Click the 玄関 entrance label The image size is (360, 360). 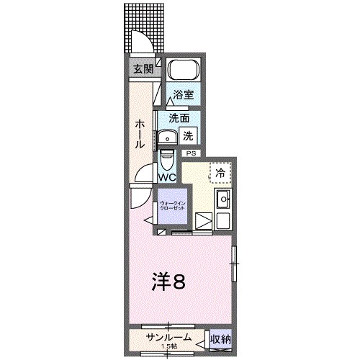tap(142, 69)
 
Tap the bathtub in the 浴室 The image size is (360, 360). tap(182, 72)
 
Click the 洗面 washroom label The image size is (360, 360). tap(179, 118)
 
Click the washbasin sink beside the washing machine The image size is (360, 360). tap(169, 138)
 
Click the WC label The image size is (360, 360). tap(166, 176)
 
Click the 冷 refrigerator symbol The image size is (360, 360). tap(220, 172)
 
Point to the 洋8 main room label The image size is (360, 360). tap(171, 282)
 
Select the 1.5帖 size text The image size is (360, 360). tap(169, 346)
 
